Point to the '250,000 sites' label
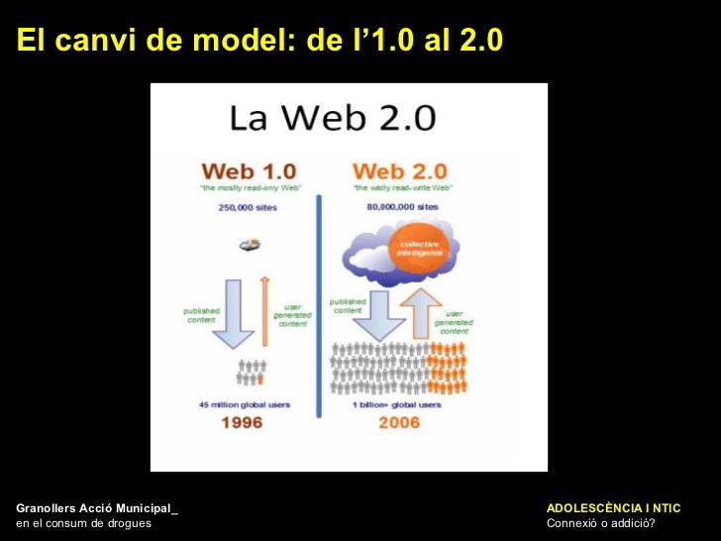(248, 208)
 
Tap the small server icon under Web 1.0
(250, 244)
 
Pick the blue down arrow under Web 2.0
(381, 316)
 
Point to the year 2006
(398, 423)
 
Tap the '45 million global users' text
(248, 404)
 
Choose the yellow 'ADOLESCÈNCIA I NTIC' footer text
(613, 508)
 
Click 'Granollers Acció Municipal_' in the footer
(97, 508)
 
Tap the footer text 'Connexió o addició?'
(600, 523)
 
